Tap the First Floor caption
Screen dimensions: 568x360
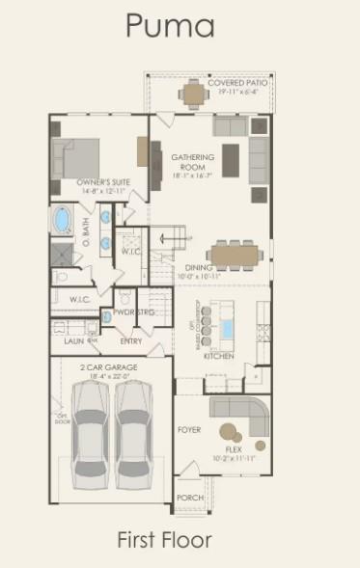coord(164,540)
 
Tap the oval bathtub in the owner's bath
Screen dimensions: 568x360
coord(62,220)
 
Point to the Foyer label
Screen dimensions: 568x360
coord(189,429)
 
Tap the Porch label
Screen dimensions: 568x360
coord(189,498)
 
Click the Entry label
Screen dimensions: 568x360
coord(131,340)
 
